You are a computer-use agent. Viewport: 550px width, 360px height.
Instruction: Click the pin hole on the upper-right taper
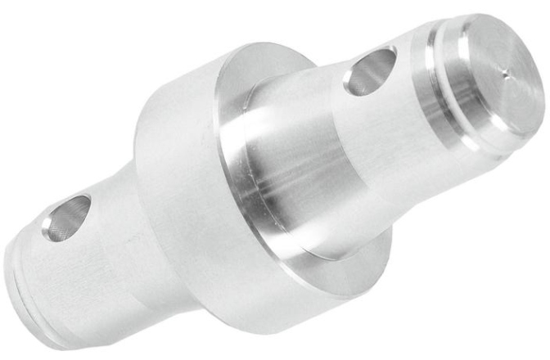(x=370, y=70)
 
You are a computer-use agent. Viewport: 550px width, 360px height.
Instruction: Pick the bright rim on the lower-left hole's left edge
(x=47, y=223)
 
